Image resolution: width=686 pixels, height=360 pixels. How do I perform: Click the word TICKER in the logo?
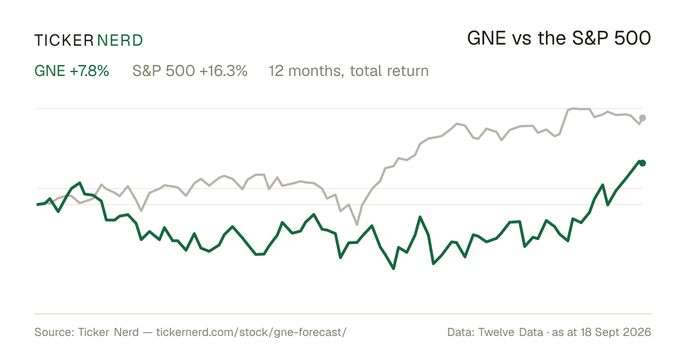(x=64, y=41)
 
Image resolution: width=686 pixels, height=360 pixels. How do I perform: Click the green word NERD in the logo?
(x=120, y=41)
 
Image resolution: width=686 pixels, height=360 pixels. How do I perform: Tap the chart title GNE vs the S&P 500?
(x=559, y=39)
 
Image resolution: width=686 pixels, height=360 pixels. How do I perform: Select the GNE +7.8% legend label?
(x=71, y=71)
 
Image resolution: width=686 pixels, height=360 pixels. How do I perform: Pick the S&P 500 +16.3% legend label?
(x=190, y=71)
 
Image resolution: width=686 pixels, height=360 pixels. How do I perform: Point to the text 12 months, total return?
(x=349, y=71)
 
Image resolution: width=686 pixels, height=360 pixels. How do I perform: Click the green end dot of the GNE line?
(x=643, y=163)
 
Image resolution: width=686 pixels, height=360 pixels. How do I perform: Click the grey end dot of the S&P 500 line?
(x=643, y=118)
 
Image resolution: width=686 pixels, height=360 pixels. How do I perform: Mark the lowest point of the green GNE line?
(x=393, y=269)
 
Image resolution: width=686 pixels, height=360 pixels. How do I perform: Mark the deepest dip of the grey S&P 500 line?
(x=357, y=225)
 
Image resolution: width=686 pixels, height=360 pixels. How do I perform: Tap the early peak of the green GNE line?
(x=80, y=183)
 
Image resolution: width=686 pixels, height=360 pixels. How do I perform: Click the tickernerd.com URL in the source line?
(x=252, y=332)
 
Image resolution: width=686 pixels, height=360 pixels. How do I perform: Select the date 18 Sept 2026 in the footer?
(x=616, y=332)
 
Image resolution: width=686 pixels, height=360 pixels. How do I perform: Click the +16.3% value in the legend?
(x=224, y=71)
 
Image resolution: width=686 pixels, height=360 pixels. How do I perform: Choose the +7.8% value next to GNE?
(x=89, y=71)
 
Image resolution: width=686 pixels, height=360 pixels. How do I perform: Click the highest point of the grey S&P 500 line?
(x=573, y=109)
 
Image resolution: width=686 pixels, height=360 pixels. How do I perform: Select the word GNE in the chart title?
(x=486, y=39)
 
